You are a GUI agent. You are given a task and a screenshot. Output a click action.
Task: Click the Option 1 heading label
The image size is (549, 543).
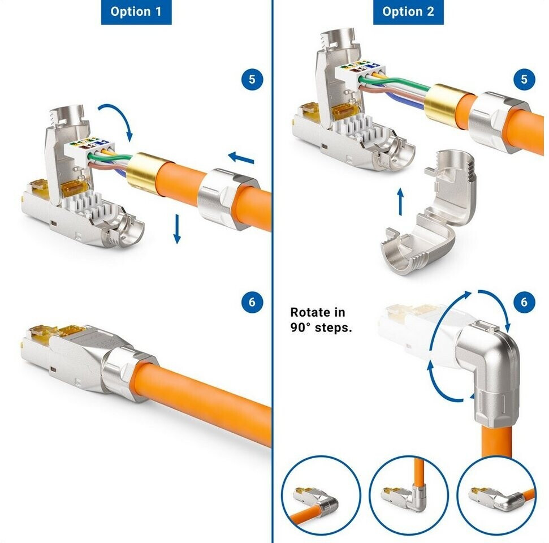coord(136,11)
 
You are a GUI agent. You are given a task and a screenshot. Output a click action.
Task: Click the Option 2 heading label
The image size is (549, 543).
coord(408,11)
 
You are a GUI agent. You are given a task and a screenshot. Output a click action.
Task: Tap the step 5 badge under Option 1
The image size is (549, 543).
coord(252,80)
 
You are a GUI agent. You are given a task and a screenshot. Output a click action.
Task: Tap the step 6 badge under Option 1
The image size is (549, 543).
coord(252,302)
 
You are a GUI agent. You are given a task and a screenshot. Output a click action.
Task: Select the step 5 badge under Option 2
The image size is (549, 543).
coord(524,80)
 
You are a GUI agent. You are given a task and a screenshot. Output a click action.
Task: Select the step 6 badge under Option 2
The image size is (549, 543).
coord(524,302)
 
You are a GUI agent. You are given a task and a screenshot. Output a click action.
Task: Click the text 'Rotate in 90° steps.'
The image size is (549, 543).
coord(321,320)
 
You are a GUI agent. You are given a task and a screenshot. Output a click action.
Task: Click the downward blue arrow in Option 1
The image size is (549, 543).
coord(177,229)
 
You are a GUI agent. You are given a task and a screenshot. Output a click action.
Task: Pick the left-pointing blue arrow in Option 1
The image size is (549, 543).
coord(241,158)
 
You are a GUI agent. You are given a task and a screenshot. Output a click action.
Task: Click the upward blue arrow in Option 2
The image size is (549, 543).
coord(400,201)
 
